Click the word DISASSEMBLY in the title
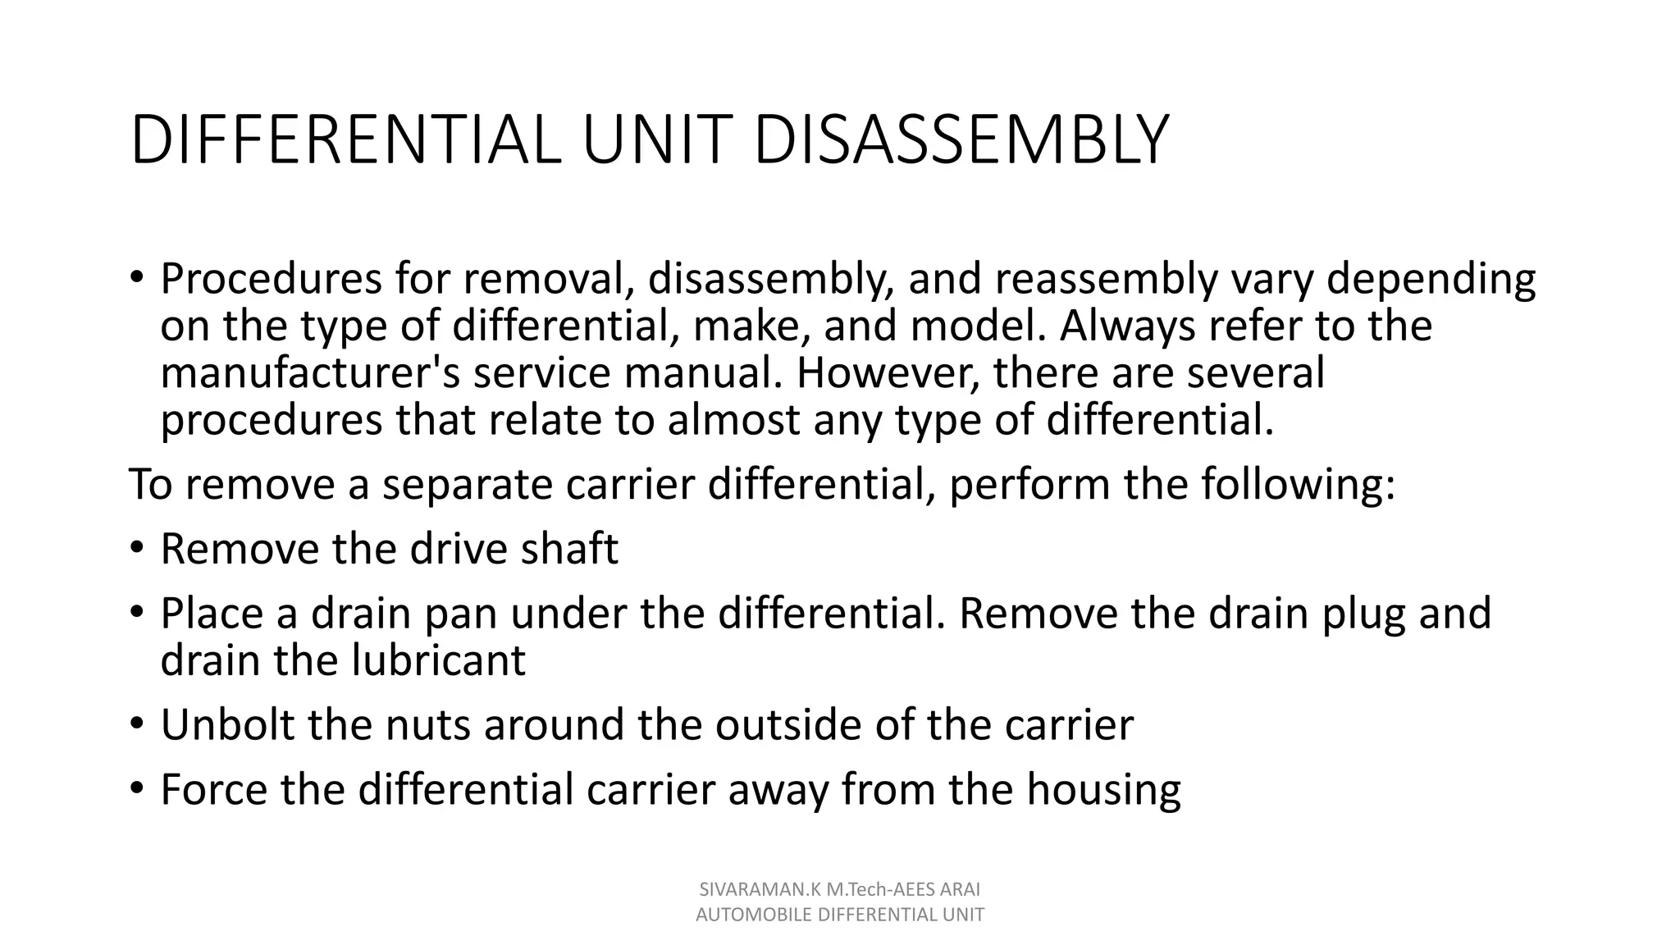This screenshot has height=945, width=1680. pyautogui.click(x=959, y=140)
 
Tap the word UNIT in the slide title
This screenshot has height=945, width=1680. pyautogui.click(x=656, y=140)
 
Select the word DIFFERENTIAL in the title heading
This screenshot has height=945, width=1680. pyautogui.click(x=345, y=140)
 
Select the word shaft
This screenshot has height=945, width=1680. pyautogui.click(x=570, y=548)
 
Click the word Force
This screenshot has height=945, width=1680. pyautogui.click(x=213, y=789)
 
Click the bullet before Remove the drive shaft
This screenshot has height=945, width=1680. pyautogui.click(x=137, y=548)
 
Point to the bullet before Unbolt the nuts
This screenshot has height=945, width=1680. pyautogui.click(x=137, y=724)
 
